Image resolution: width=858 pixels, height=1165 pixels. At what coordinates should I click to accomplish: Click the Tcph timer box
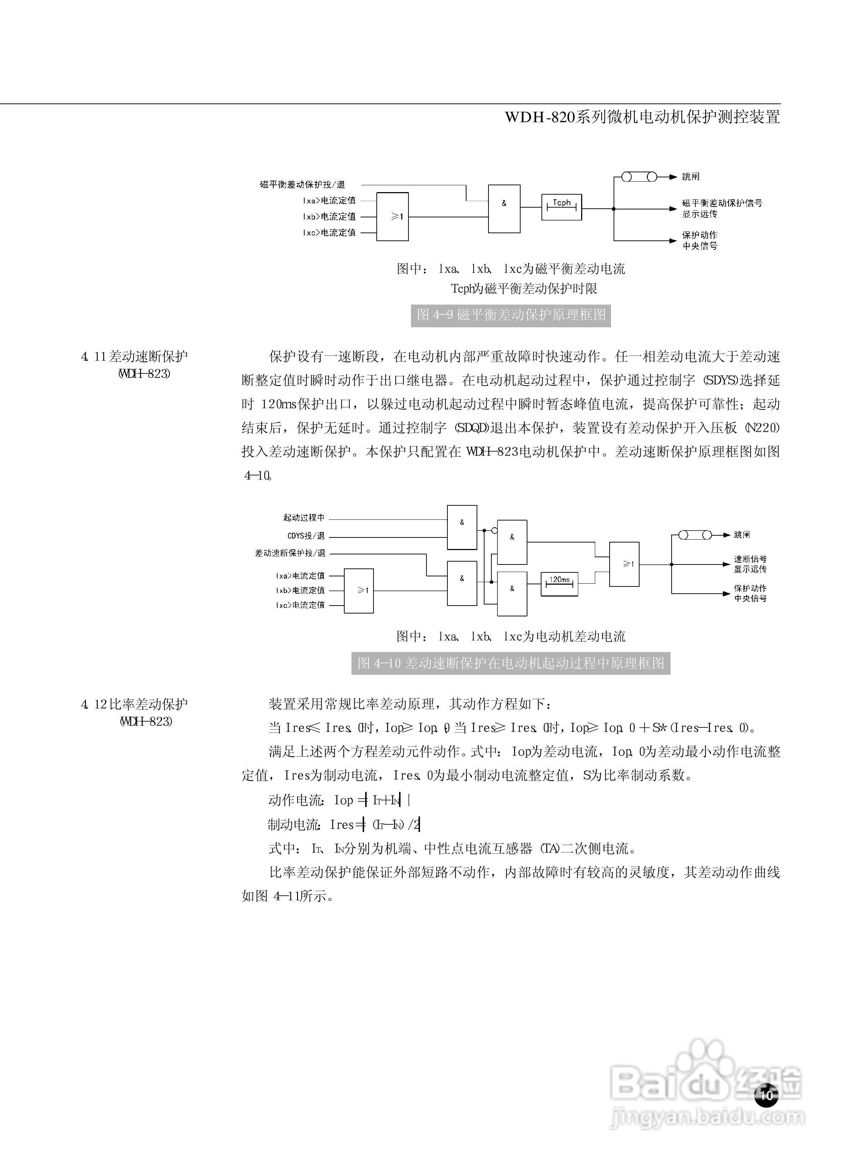561,207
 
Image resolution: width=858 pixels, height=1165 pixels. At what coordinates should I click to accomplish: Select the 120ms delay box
560,584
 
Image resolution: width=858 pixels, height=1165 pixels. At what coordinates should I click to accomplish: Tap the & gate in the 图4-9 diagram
504,208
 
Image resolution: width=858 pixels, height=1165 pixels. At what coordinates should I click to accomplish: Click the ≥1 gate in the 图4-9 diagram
392,217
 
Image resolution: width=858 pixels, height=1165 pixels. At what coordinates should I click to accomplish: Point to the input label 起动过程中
304,518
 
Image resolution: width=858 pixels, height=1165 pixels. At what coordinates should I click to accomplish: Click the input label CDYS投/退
306,536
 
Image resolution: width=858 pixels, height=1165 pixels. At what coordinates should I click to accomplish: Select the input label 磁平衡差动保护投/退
302,184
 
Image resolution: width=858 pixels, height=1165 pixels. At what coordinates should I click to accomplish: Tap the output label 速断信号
750,559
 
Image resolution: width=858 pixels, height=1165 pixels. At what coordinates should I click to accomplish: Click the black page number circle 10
766,1095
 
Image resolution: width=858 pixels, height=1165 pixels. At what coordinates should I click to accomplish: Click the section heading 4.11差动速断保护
134,356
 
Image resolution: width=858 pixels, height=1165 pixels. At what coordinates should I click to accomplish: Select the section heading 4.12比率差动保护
134,704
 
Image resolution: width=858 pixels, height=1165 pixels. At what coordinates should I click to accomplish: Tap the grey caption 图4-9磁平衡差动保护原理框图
510,315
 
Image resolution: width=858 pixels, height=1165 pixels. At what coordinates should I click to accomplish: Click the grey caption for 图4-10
510,663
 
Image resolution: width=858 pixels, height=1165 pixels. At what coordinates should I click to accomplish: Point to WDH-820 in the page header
540,117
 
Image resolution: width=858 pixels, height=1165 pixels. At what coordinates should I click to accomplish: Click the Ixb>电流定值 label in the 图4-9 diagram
329,217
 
